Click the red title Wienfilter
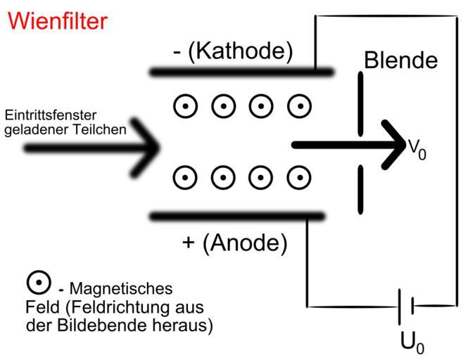click(57, 21)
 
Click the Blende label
click(400, 60)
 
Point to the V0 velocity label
click(417, 149)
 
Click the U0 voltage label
click(412, 342)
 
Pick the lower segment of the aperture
click(361, 189)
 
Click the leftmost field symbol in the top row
click(185, 106)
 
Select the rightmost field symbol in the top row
click(300, 106)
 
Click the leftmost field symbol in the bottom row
click(185, 177)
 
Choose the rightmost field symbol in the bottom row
click(300, 177)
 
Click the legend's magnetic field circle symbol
click(38, 283)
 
